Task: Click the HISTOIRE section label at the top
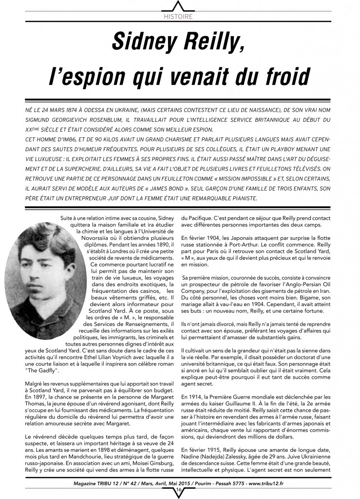[x=179, y=17]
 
